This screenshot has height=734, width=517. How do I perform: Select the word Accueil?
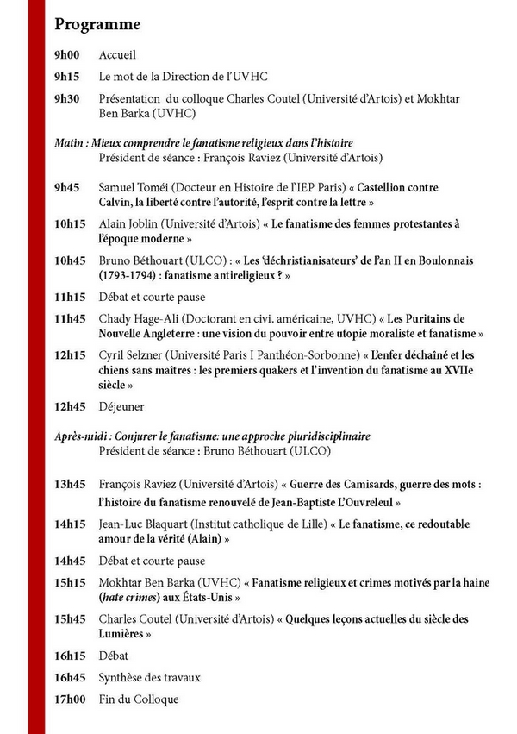click(x=118, y=56)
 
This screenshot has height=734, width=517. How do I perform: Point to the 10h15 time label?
click(x=69, y=224)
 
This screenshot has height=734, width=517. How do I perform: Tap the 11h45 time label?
click(x=69, y=318)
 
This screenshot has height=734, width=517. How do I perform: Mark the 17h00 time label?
click(x=69, y=699)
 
